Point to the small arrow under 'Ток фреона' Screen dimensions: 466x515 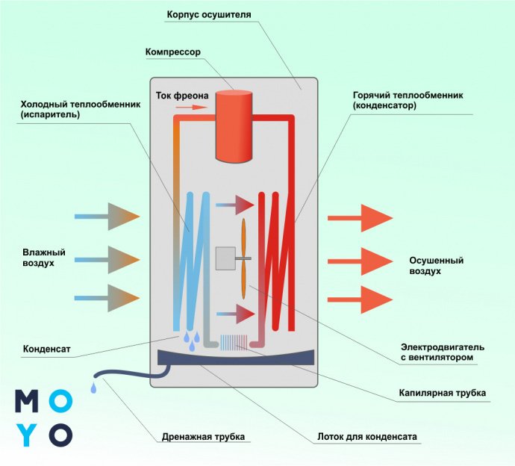click(191, 108)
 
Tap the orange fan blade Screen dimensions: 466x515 click(244, 258)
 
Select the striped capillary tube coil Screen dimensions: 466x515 click(235, 342)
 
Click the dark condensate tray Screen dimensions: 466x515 click(235, 358)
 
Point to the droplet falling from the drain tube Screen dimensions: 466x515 click(92, 388)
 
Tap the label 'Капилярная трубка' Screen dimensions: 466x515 click(443, 393)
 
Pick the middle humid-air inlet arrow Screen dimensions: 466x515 click(107, 259)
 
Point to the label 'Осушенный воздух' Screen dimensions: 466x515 click(437, 266)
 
